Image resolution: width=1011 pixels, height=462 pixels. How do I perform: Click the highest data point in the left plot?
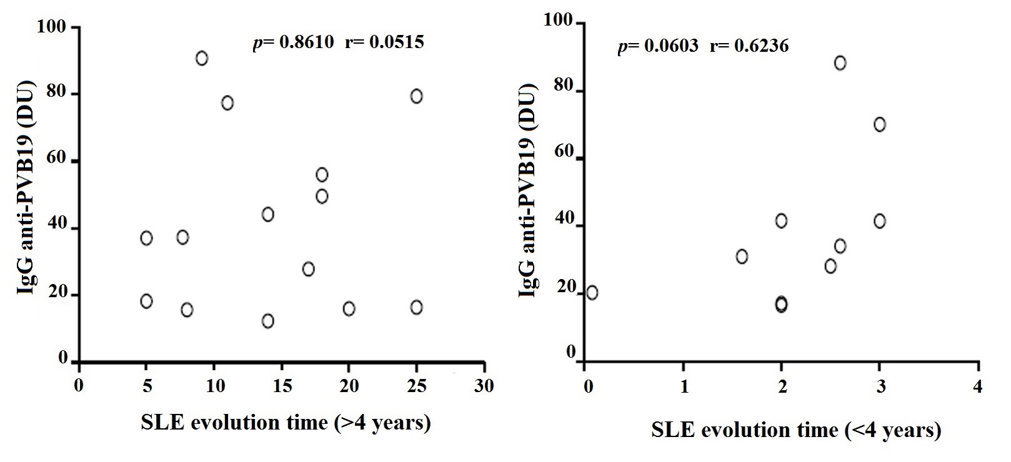pyautogui.click(x=201, y=59)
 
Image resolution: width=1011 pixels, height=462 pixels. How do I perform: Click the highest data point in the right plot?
pyautogui.click(x=840, y=63)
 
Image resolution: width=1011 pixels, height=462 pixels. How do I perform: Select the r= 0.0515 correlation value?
pyautogui.click(x=384, y=42)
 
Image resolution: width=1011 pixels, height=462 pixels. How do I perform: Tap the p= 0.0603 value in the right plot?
pyautogui.click(x=658, y=46)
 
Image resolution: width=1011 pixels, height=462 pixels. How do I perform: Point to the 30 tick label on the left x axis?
pyautogui.click(x=484, y=386)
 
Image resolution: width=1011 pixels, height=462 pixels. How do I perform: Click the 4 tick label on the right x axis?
pyautogui.click(x=977, y=387)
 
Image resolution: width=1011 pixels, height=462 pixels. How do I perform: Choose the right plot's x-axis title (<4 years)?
pyautogui.click(x=795, y=430)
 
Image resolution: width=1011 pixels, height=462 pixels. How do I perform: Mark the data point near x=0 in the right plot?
pyautogui.click(x=592, y=292)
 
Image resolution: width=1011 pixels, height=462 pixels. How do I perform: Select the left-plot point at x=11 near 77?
pyautogui.click(x=227, y=103)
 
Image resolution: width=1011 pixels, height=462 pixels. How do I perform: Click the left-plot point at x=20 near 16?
pyautogui.click(x=349, y=308)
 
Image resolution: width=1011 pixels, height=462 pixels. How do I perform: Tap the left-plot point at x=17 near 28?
pyautogui.click(x=308, y=269)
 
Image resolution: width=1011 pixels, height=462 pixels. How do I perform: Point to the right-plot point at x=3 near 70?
pyautogui.click(x=879, y=124)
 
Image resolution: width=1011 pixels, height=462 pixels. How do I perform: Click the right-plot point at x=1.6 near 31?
pyautogui.click(x=742, y=257)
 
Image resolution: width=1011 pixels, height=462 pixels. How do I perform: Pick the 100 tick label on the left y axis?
pyautogui.click(x=49, y=27)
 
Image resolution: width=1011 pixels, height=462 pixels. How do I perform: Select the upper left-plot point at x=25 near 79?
pyautogui.click(x=416, y=96)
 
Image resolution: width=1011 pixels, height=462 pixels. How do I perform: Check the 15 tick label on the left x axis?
pyautogui.click(x=282, y=386)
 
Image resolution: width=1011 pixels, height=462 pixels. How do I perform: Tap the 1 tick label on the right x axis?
pyautogui.click(x=684, y=387)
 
